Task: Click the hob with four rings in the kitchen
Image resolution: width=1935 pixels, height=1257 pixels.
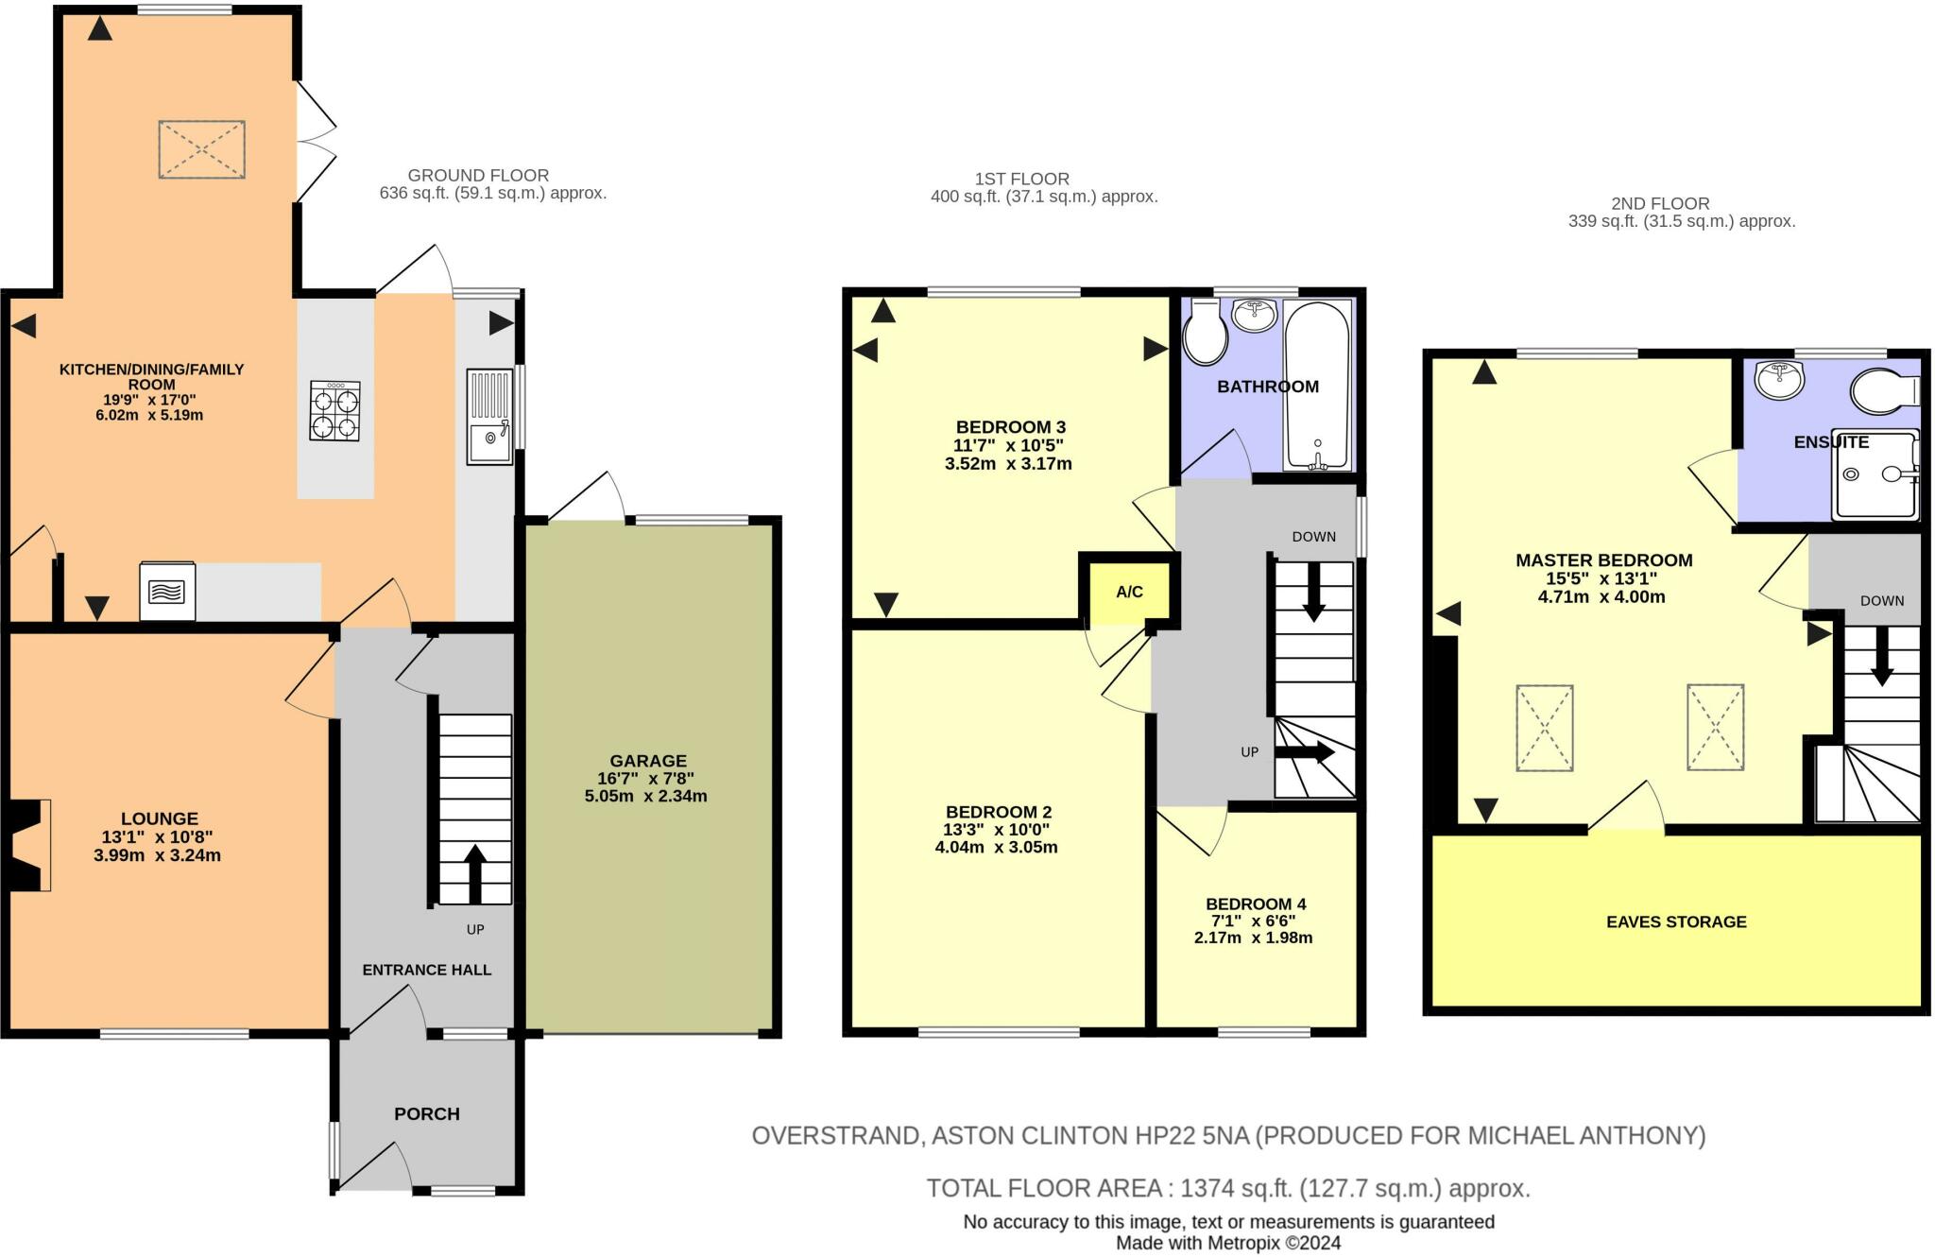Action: click(334, 410)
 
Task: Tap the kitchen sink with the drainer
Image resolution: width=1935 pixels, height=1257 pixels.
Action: click(489, 417)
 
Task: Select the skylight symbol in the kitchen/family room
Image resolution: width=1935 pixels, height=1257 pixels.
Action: click(201, 149)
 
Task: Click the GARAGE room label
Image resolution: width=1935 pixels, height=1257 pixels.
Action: click(647, 760)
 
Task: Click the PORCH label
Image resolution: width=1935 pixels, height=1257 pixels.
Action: click(426, 1113)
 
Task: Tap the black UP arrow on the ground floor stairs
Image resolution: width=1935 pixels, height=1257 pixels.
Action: click(474, 872)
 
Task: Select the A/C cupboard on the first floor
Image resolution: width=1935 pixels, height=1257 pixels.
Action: click(1129, 593)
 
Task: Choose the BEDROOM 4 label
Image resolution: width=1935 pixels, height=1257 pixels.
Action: click(1256, 904)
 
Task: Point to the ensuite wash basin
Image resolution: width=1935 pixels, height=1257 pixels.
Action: click(1779, 379)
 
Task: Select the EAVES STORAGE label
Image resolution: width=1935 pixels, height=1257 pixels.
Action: click(1676, 921)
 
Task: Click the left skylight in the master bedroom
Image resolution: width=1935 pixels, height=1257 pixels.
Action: click(1544, 728)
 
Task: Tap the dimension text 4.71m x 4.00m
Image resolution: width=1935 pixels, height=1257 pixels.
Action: click(1601, 596)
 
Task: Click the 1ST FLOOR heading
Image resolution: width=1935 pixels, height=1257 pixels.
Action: click(1021, 179)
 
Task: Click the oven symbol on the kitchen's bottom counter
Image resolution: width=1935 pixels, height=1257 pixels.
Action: click(167, 592)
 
